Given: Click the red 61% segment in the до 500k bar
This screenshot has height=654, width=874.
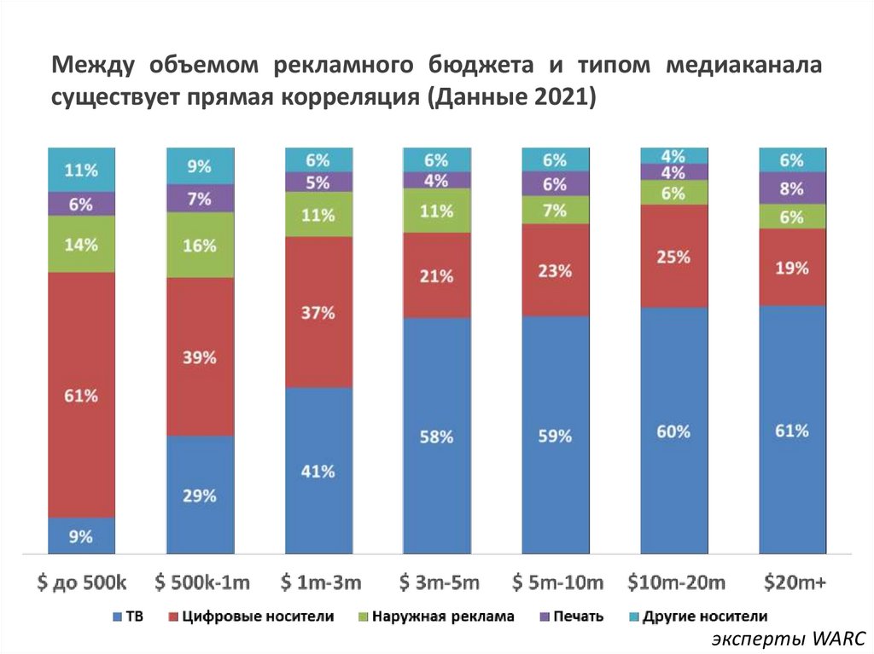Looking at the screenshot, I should (81, 395).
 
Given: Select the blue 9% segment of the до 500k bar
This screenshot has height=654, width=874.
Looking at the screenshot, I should (81, 536).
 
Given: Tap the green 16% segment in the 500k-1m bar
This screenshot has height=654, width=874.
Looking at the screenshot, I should (200, 246).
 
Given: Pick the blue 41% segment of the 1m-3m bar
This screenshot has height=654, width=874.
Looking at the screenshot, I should (318, 471).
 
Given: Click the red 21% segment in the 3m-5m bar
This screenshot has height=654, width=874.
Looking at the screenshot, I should (436, 275).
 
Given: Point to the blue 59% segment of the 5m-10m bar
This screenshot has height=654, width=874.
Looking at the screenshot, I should (555, 436).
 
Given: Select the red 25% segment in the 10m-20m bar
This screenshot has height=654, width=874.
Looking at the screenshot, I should (673, 256).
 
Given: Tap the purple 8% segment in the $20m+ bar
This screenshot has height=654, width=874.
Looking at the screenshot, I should (792, 188).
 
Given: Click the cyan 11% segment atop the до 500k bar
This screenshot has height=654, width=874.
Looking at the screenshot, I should (81, 169).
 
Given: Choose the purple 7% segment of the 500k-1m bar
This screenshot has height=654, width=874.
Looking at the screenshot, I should (200, 198).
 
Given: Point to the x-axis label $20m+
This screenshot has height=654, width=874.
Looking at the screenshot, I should (793, 583).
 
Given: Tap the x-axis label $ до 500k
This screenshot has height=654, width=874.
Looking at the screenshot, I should (82, 583).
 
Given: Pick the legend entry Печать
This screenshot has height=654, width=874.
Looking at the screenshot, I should (578, 616).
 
